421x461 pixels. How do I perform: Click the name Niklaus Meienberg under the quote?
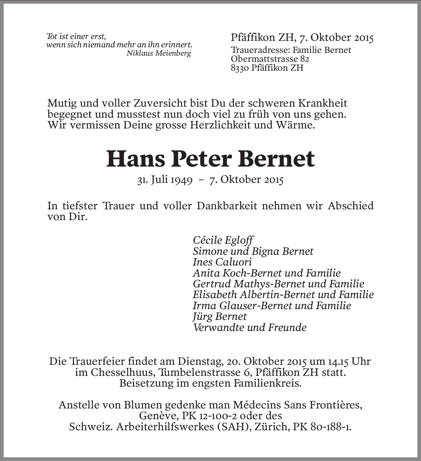click(159, 53)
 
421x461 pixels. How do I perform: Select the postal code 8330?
click(240, 68)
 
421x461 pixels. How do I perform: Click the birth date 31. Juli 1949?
click(165, 179)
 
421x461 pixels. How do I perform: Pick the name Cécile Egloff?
click(223, 240)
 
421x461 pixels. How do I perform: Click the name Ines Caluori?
click(222, 262)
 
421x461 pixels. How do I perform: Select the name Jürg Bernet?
click(220, 316)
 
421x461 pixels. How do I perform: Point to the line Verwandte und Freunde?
click(250, 327)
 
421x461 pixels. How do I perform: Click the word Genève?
click(158, 416)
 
